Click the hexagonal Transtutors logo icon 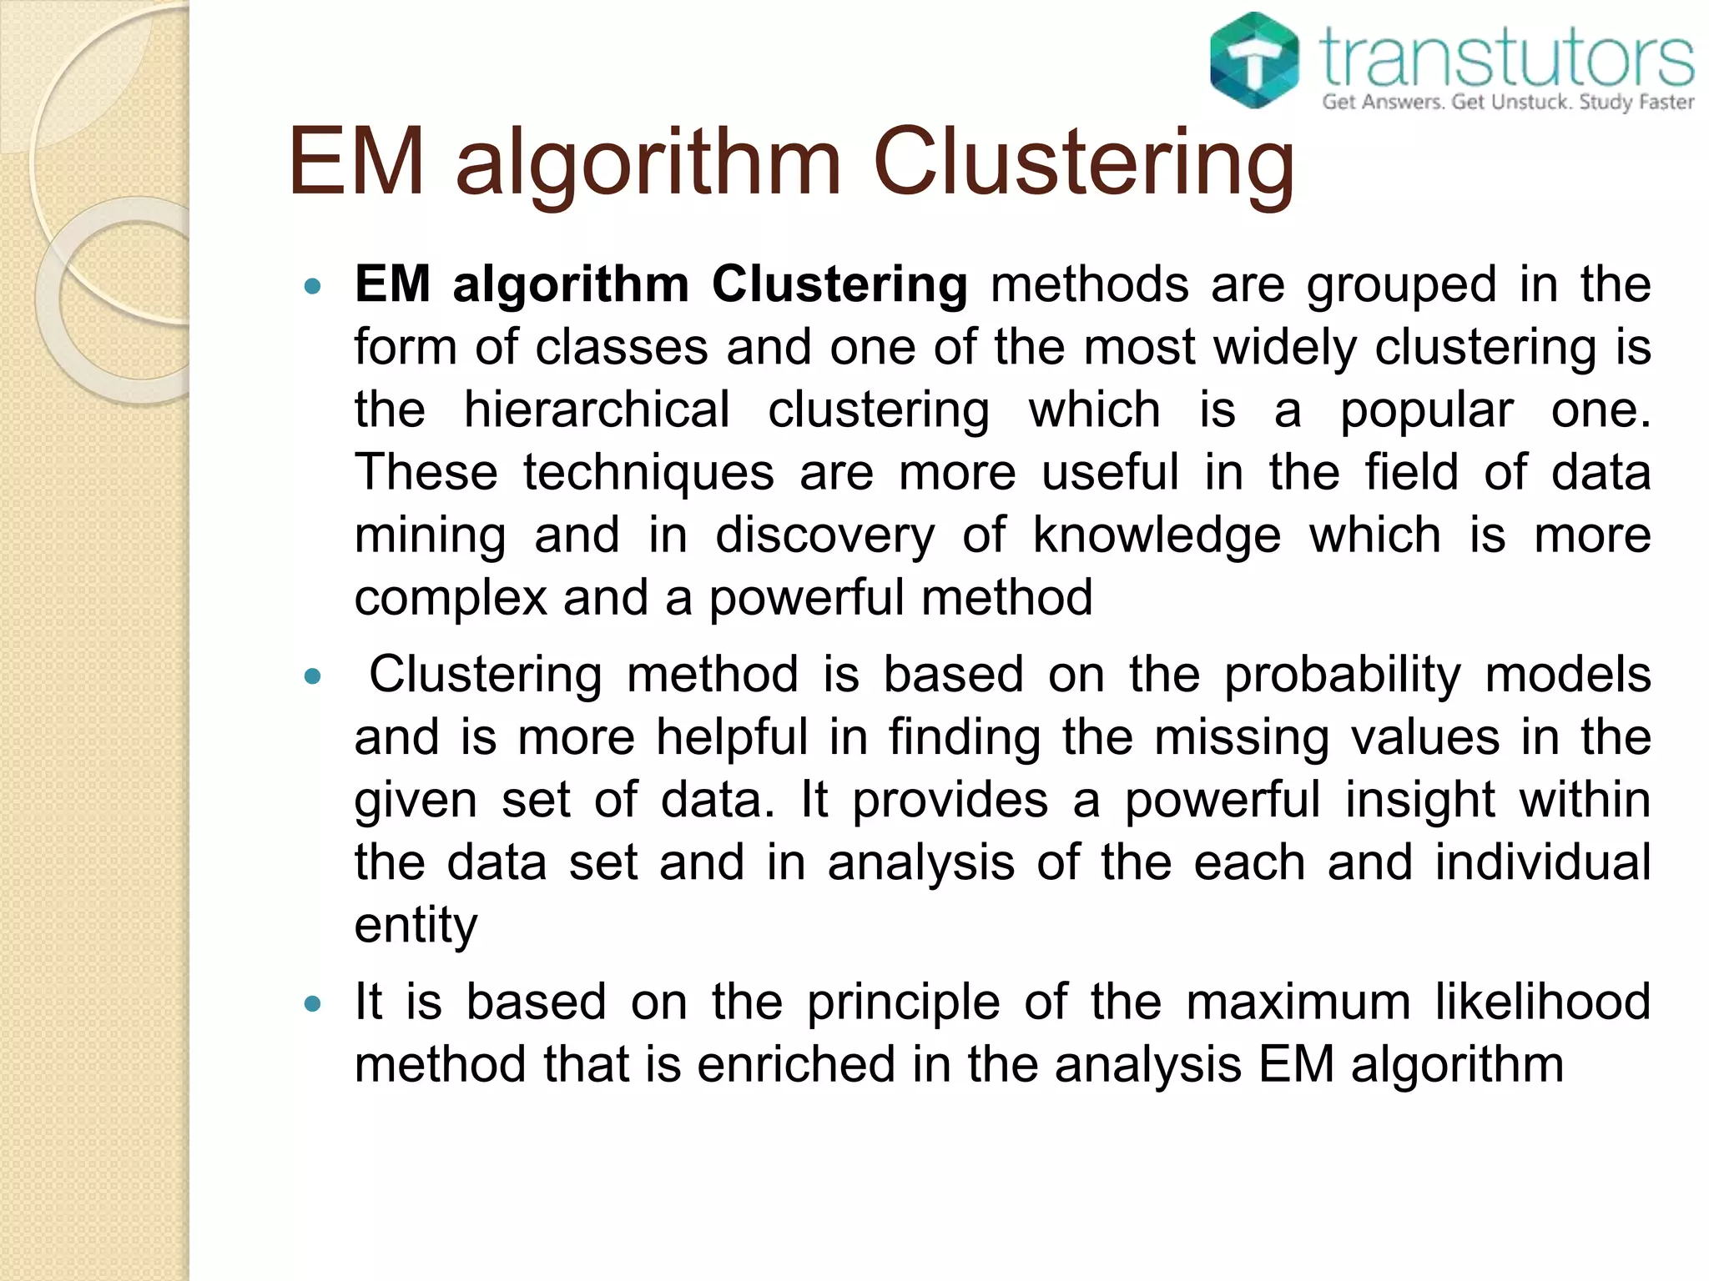click(x=1254, y=60)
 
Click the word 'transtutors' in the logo click(x=1507, y=58)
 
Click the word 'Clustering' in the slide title click(x=1083, y=163)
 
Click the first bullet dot click(x=313, y=287)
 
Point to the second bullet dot click(x=313, y=676)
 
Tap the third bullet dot click(x=313, y=1003)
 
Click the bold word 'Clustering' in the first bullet click(x=839, y=285)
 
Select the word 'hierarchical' click(x=597, y=410)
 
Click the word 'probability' click(x=1342, y=676)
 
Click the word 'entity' click(x=416, y=927)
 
